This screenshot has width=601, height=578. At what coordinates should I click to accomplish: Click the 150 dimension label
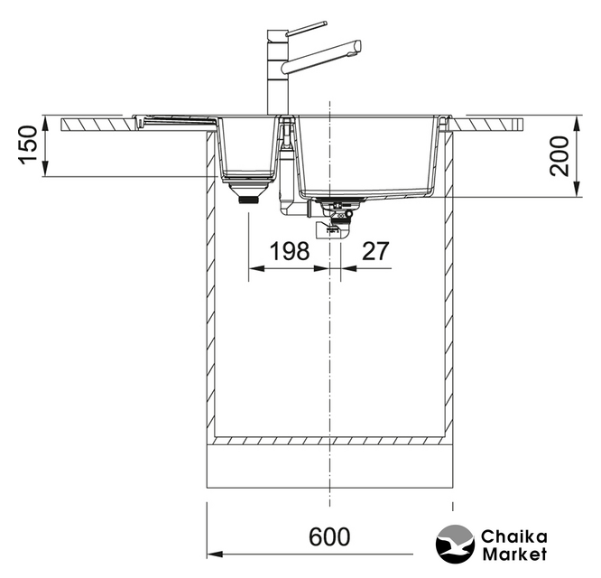(29, 145)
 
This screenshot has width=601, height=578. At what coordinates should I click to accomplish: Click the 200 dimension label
(559, 156)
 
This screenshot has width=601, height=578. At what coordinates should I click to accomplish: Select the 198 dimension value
(290, 251)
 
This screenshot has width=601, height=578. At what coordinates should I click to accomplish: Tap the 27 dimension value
(375, 251)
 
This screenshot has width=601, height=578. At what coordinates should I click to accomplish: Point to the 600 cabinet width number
(329, 536)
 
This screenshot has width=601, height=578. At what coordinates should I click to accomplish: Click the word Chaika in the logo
(514, 537)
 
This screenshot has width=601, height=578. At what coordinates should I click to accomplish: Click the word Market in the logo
(514, 555)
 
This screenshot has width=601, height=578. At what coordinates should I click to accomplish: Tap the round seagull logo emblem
(455, 544)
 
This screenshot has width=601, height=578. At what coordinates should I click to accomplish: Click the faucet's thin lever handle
(307, 28)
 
